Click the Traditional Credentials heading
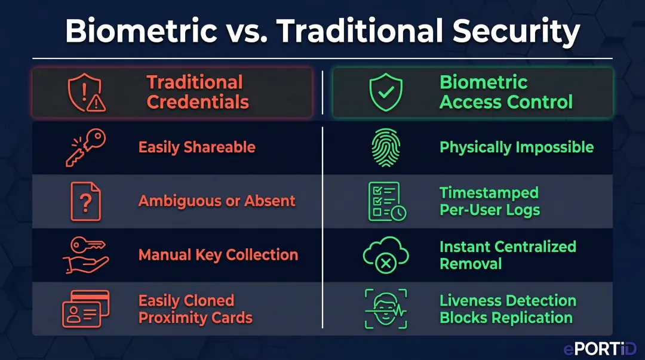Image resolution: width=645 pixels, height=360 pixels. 197,92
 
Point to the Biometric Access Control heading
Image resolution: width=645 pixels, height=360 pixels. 506,92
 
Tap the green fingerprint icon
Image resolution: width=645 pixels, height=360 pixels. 386,147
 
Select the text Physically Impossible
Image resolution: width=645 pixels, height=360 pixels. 517,147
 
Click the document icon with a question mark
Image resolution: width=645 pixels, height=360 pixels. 85,201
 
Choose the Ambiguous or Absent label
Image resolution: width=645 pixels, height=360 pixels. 217,201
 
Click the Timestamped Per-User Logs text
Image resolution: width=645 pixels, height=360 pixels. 490,201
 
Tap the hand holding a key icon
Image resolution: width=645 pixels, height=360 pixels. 85,255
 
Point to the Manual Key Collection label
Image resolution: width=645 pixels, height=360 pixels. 218,255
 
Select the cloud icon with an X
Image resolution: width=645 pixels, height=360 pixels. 386,256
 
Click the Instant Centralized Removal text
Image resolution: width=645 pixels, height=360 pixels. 508,255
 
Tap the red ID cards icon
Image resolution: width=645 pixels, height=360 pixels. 85,309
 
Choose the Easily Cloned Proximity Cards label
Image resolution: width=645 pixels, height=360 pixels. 195,309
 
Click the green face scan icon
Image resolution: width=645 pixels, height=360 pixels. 386,309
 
